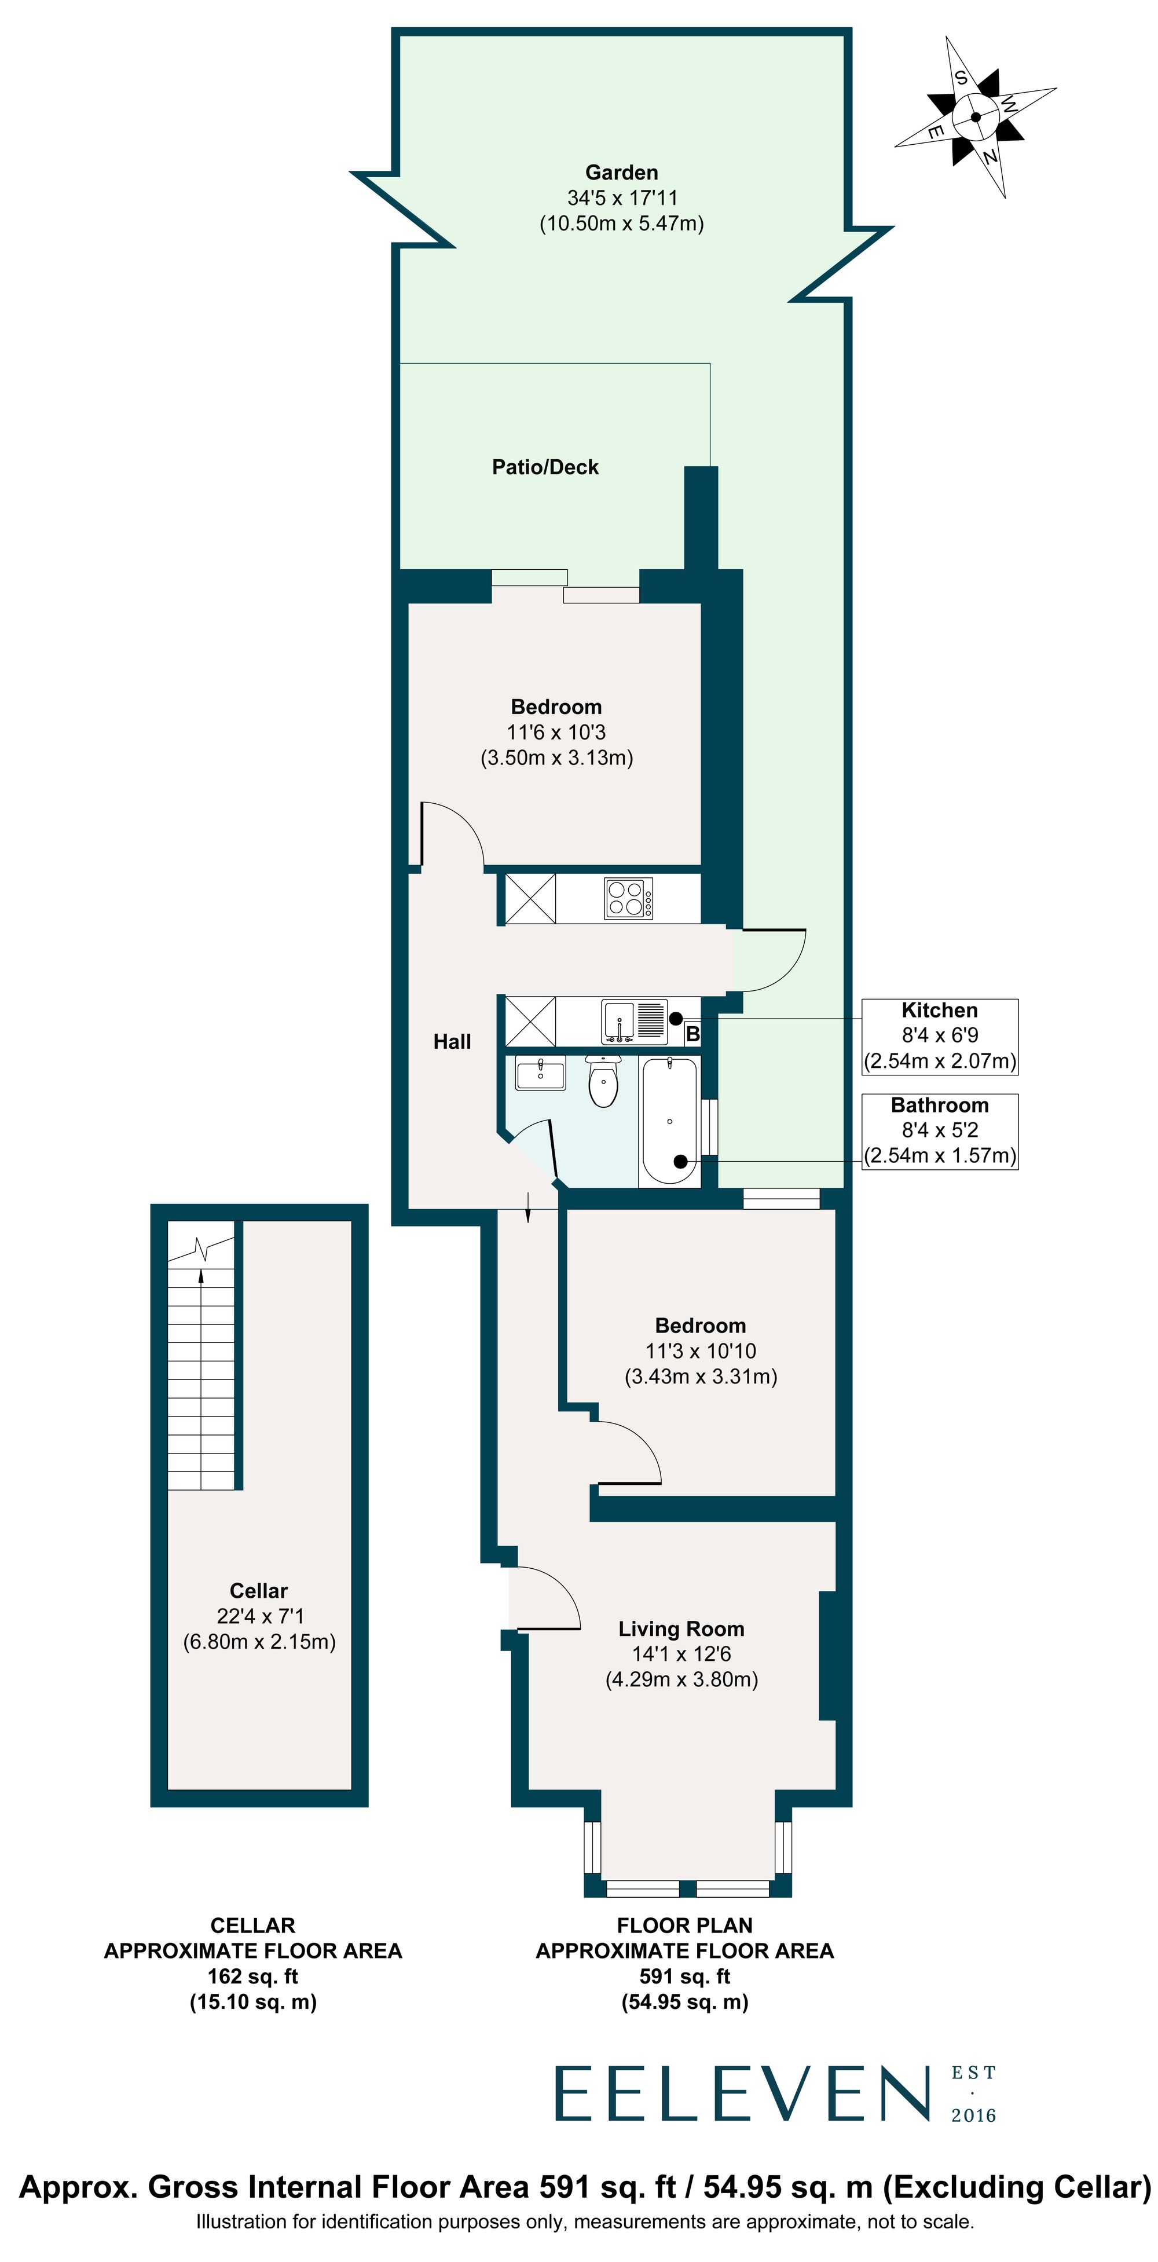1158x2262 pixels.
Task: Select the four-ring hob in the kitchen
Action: point(628,898)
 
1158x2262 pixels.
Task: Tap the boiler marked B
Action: point(692,1034)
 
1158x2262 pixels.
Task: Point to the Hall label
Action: point(452,1041)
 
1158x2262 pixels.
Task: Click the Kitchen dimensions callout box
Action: point(939,1035)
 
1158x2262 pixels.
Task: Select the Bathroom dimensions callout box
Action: point(939,1130)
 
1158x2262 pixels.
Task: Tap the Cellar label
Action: point(258,1590)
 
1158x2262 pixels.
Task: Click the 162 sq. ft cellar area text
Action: point(253,1976)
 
